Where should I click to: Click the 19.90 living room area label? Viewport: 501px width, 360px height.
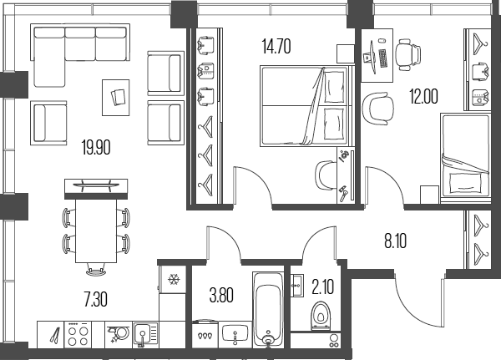coord(96,148)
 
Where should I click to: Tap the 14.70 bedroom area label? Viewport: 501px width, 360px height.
coord(276,46)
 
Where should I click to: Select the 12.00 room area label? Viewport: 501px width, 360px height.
coord(423,96)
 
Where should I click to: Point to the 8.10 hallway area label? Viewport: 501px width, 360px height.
coord(396,241)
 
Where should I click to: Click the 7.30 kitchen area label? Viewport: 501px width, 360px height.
coord(96,300)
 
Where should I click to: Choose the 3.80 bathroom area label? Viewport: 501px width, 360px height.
coord(221,295)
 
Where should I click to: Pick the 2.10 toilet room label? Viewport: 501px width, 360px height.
coord(323,286)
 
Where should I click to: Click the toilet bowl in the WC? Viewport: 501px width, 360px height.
coord(320,317)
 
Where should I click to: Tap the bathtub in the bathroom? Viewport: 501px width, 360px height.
coord(268,310)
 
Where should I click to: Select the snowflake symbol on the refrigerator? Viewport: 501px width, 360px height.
coord(174,280)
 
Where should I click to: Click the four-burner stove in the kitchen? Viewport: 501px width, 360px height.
coord(78,334)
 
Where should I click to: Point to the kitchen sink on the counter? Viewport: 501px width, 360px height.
coord(145,335)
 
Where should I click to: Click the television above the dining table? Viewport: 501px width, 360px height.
coord(96,185)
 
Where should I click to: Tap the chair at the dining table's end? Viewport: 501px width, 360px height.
coord(96,271)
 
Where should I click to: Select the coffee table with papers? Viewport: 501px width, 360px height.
coord(116,98)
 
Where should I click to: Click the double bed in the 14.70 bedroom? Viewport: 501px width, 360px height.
coord(306,106)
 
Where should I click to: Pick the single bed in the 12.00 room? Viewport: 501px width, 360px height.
coord(465,158)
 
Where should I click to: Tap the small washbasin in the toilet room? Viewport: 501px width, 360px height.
coord(297,286)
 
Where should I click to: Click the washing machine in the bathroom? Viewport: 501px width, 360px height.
coord(205,334)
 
